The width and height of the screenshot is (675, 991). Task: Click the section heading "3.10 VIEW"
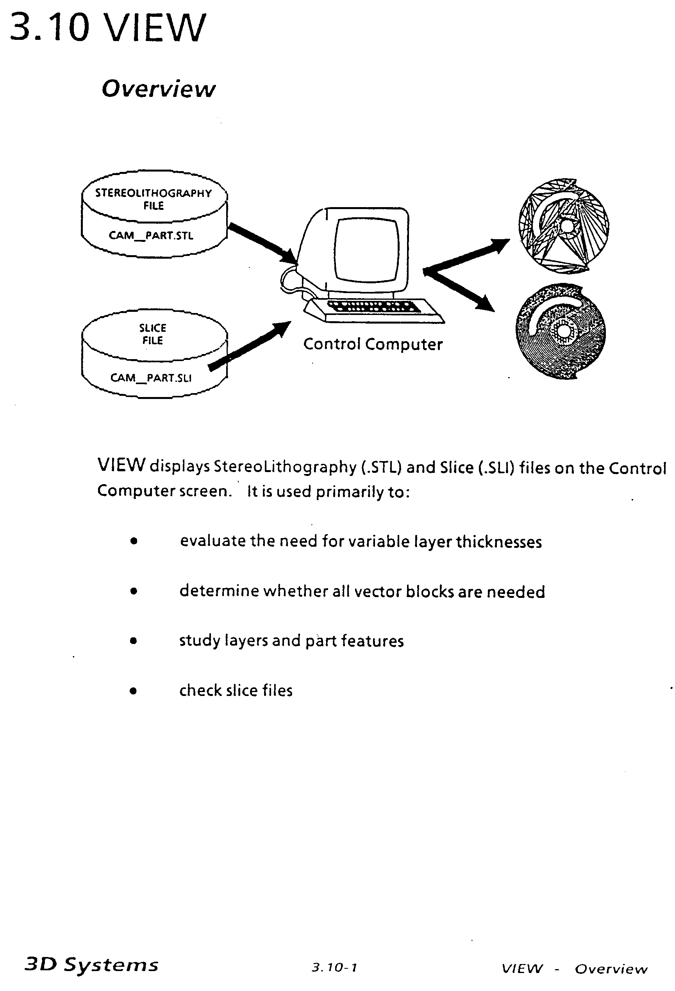click(107, 28)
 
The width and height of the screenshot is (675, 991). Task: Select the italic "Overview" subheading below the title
click(159, 89)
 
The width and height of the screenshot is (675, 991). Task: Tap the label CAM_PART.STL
click(151, 235)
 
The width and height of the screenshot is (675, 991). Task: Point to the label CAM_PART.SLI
click(151, 378)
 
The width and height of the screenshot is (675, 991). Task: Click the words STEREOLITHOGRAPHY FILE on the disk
click(154, 199)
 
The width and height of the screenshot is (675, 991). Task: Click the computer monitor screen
click(367, 249)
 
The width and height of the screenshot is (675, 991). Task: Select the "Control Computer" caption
click(373, 344)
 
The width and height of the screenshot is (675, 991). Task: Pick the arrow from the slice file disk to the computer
click(249, 346)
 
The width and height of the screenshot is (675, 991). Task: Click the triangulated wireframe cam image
click(563, 225)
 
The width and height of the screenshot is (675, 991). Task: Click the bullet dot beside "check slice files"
click(133, 690)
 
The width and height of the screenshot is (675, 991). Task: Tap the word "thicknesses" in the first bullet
click(498, 542)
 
